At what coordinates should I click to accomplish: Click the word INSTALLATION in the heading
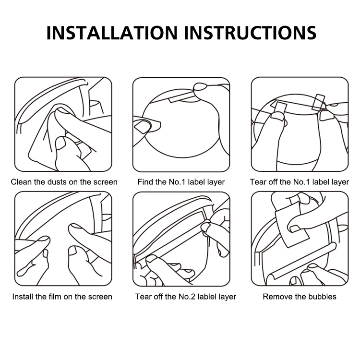point(112,33)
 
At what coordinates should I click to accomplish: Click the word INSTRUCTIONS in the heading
point(250,33)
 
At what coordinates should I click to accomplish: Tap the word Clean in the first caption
point(21,182)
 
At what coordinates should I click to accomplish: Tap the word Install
point(23,297)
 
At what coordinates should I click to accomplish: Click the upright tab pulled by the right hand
point(319,102)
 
